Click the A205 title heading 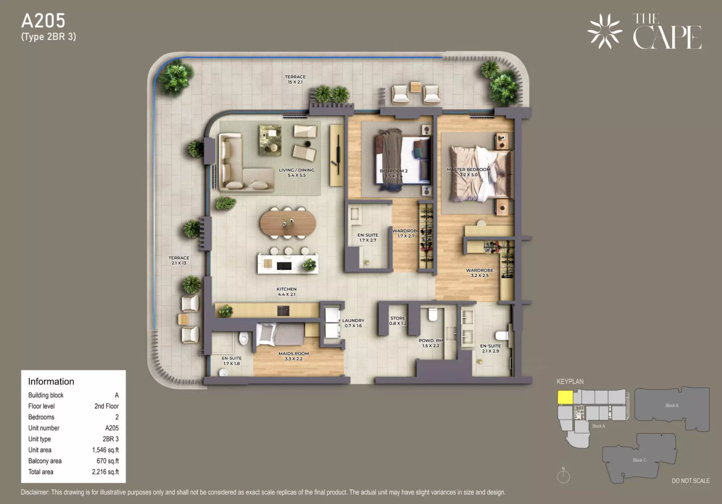tap(43, 21)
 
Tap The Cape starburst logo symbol tap(605, 31)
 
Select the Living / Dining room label tap(296, 172)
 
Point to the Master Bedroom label tap(468, 172)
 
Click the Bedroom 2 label tap(394, 173)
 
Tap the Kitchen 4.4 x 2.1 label tap(286, 292)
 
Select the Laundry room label tap(353, 323)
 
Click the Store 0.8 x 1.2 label tap(398, 321)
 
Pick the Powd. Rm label tap(431, 343)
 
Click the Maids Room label tap(294, 356)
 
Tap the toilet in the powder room tap(433, 315)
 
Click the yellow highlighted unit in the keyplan tap(565, 397)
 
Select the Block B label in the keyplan tap(672, 405)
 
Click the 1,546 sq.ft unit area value tap(105, 450)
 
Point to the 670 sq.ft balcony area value tap(108, 461)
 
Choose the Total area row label tap(41, 472)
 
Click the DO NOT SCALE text tap(691, 481)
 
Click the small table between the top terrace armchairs tap(416, 87)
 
